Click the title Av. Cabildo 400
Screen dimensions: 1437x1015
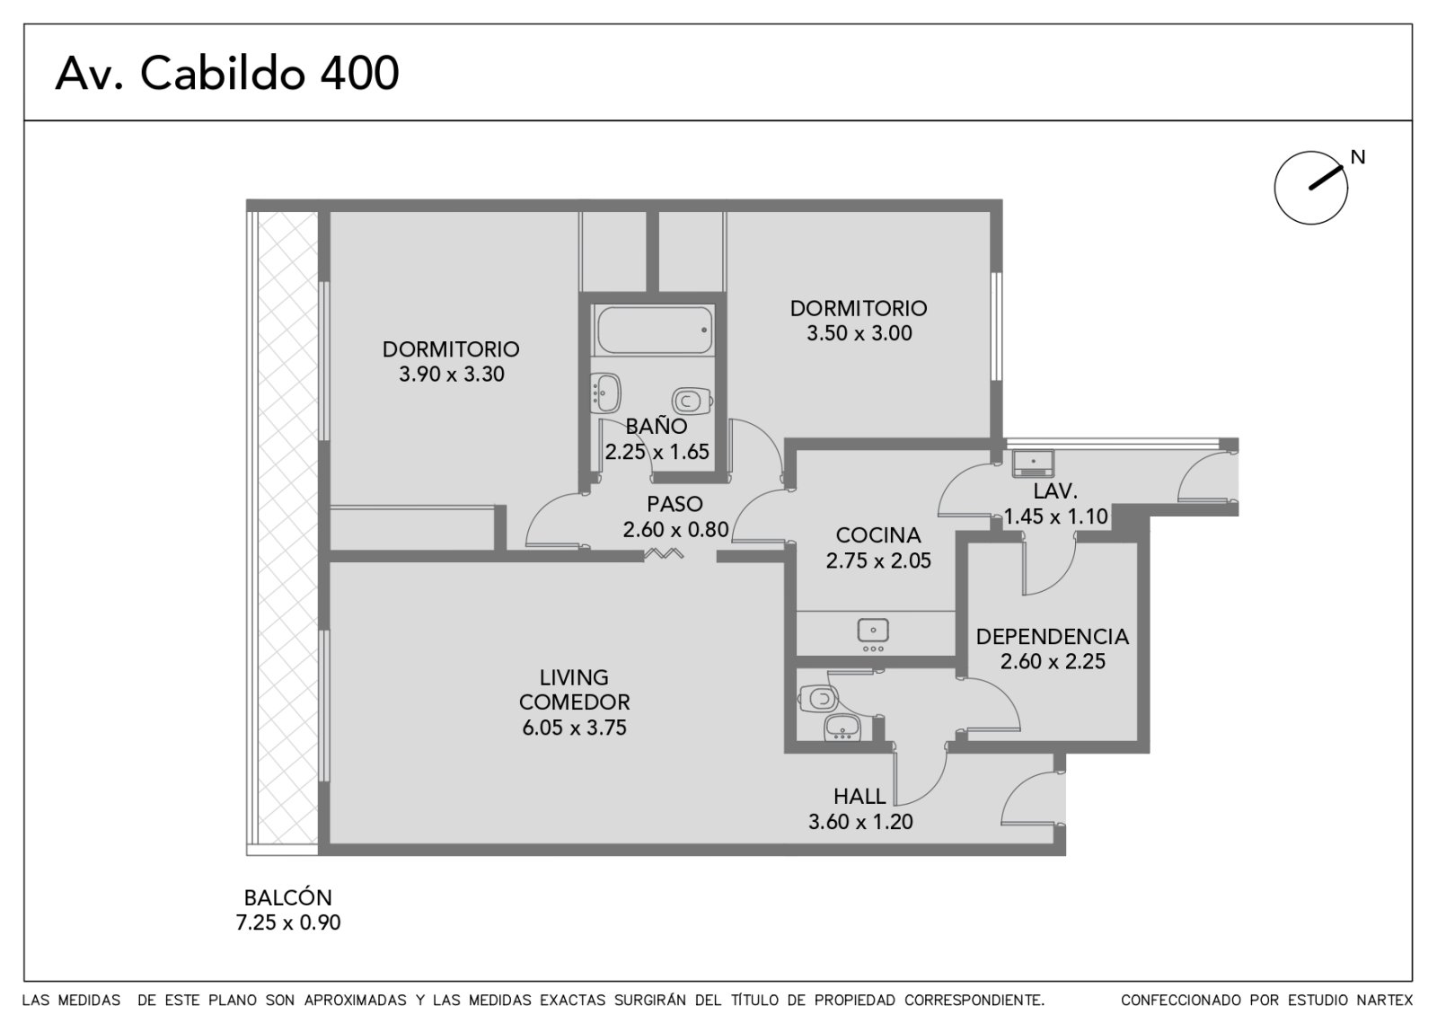pos(227,73)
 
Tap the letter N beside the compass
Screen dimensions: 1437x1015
pos(1357,156)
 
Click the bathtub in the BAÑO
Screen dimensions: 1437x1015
pos(654,329)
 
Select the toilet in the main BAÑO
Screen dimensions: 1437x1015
pos(692,401)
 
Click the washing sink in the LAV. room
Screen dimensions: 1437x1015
pos(1033,463)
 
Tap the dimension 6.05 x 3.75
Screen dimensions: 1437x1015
pos(574,728)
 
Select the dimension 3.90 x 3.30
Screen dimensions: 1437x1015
pos(452,374)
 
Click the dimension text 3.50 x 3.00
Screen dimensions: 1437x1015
pos(859,333)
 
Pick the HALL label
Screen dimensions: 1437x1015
pos(860,796)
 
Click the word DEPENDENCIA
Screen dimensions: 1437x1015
pos(1053,637)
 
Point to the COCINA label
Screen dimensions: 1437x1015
pos(878,535)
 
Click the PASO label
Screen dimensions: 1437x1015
pos(674,504)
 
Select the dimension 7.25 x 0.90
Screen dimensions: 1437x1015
pos(288,922)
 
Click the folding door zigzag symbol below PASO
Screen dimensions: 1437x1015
pos(665,553)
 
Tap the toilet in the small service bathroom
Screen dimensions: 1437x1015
pos(818,697)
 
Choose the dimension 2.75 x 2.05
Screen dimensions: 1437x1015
pos(878,560)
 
